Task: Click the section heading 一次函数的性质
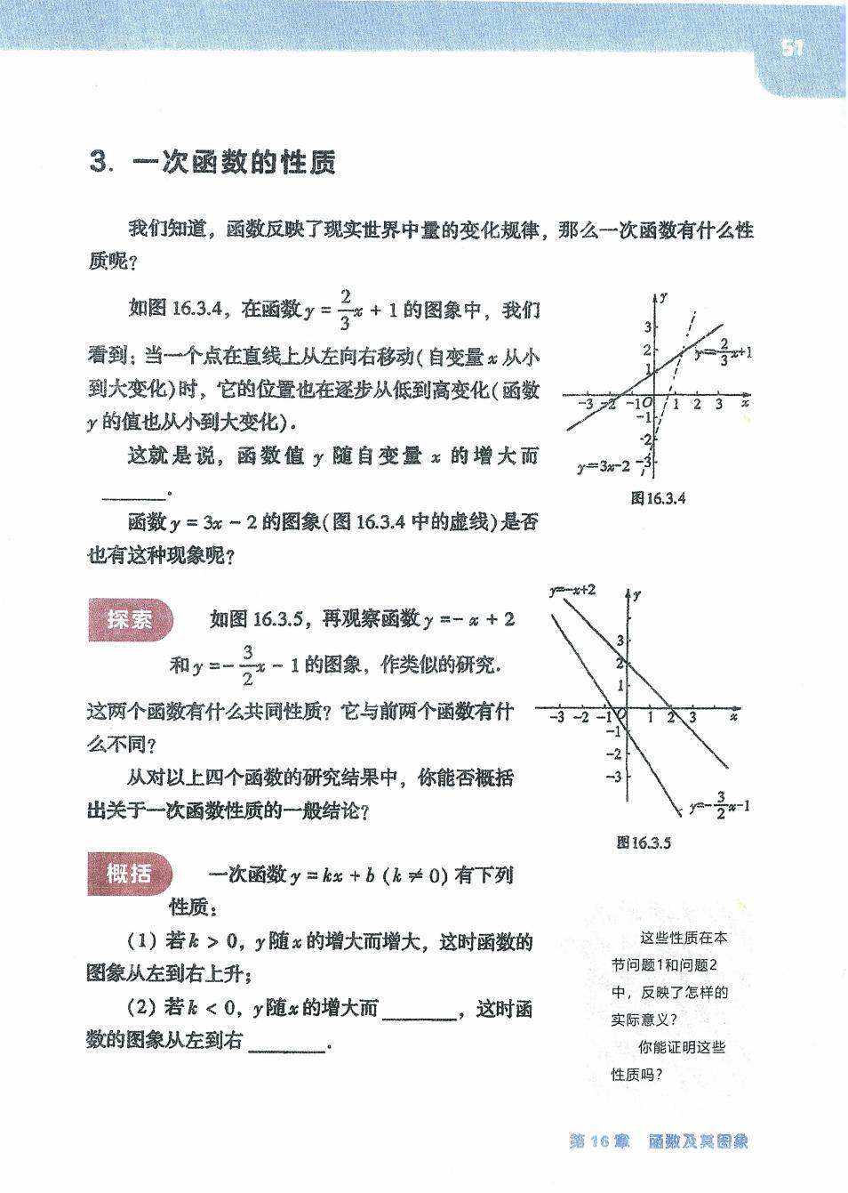[x=234, y=163]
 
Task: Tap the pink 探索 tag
[x=130, y=619]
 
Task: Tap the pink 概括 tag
[x=130, y=874]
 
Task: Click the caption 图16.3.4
[x=658, y=498]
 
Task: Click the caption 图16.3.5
[x=644, y=842]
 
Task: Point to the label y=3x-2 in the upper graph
[x=604, y=465]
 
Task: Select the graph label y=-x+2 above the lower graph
[x=572, y=590]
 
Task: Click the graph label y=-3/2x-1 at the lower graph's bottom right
[x=719, y=807]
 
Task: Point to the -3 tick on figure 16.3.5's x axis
[x=556, y=717]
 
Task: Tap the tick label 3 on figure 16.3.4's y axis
[x=648, y=328]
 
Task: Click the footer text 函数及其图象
[x=699, y=1141]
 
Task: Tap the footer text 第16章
[x=598, y=1141]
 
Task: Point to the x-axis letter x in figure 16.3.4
[x=745, y=403]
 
